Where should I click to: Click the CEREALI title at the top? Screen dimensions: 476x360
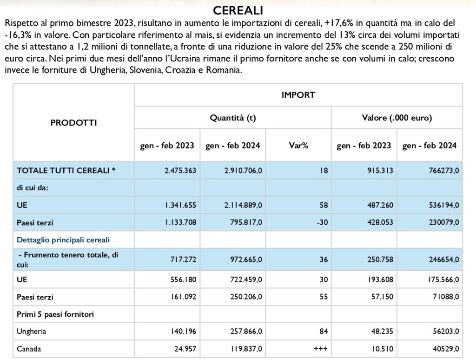(238, 11)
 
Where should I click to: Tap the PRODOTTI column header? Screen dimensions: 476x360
(73, 123)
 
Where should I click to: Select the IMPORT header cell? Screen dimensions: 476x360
(298, 95)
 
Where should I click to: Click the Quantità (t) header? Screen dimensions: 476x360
(233, 118)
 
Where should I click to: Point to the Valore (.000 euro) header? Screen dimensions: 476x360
(397, 118)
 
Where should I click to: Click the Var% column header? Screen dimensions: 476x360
(298, 146)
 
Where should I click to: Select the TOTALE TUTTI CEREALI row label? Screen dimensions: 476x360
(66, 170)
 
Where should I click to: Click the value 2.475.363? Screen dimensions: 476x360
(180, 171)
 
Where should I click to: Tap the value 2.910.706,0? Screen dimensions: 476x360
(243, 171)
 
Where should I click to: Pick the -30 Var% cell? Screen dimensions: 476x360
(323, 222)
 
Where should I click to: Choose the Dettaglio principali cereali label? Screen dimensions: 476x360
(63, 240)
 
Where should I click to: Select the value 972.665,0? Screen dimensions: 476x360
(246, 260)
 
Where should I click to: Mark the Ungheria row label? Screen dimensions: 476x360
(31, 332)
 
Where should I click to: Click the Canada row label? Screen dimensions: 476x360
(29, 349)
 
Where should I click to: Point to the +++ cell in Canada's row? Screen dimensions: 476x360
(321, 349)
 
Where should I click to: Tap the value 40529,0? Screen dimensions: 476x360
(446, 349)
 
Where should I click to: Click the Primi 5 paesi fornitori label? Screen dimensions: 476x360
(55, 314)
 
